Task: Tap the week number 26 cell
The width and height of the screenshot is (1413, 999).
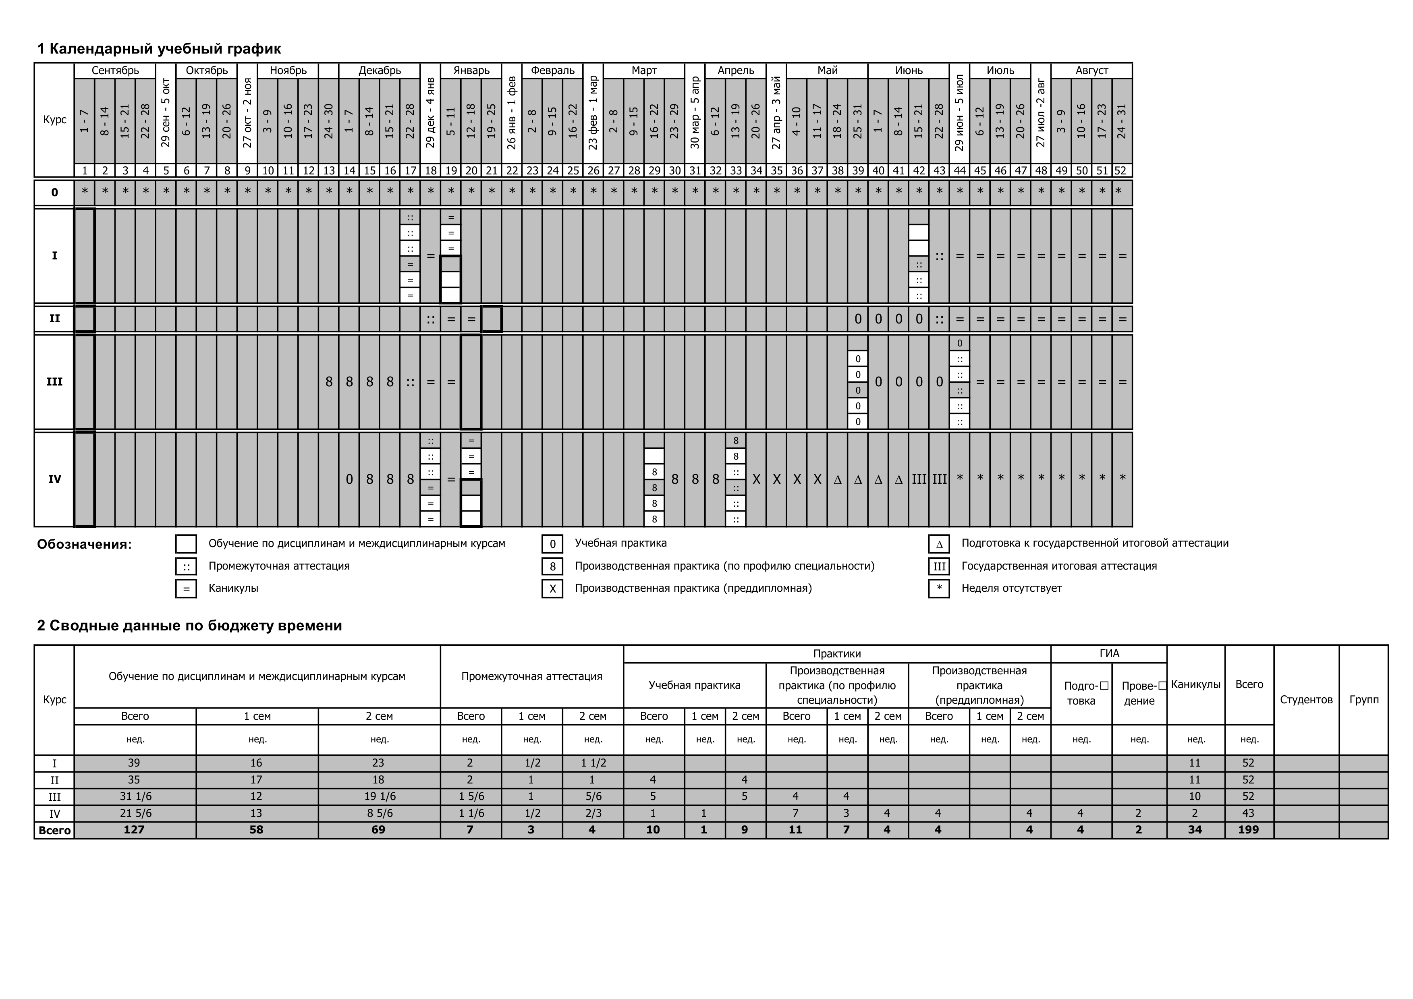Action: (593, 170)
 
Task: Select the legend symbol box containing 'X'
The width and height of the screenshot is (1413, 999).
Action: (552, 589)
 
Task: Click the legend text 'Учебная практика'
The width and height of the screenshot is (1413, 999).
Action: (620, 543)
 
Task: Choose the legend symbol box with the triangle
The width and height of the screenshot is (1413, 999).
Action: (938, 544)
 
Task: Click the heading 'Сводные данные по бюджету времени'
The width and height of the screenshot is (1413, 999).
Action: (189, 626)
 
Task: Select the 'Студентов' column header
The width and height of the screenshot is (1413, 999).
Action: (1306, 699)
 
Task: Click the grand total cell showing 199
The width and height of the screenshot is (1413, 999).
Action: (1248, 830)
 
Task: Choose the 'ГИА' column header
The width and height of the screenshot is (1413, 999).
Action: (1108, 654)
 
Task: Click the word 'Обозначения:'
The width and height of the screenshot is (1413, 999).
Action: (84, 544)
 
